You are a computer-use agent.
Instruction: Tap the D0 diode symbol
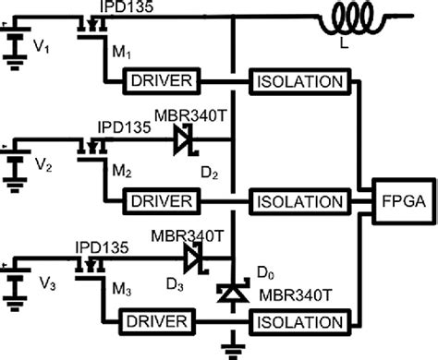(233, 294)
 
